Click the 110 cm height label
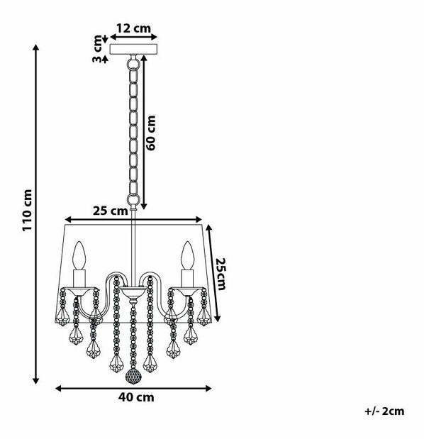28,210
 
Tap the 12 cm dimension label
133,28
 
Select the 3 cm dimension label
97,48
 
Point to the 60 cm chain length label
150,133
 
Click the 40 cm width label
136,397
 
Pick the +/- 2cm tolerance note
384,411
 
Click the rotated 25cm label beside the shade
221,274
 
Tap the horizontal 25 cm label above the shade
111,211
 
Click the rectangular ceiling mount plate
133,49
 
